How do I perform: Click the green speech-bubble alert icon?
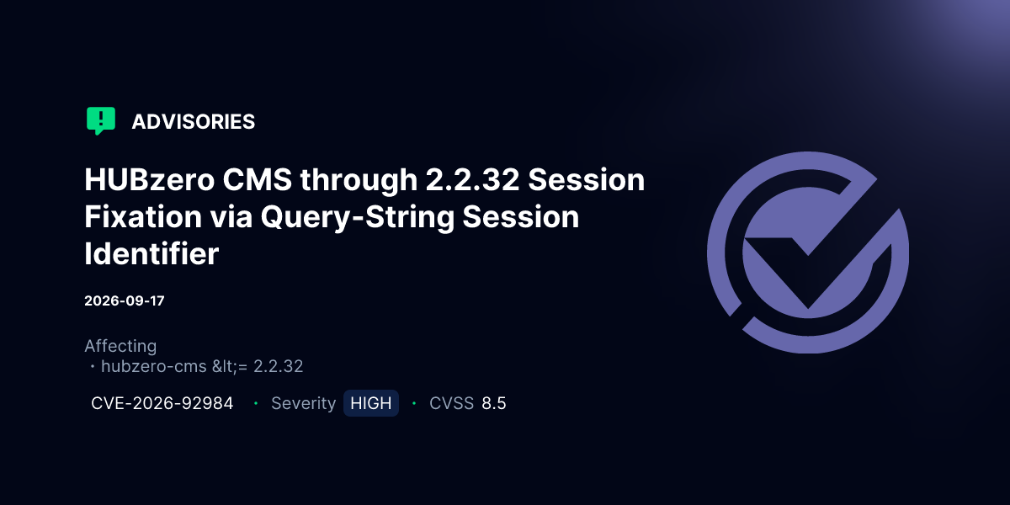(101, 120)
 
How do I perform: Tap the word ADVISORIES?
(194, 122)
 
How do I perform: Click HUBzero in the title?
(149, 179)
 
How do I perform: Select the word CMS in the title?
(257, 179)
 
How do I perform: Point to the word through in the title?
(359, 180)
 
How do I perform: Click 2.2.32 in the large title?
(472, 179)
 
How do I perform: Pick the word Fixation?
(143, 216)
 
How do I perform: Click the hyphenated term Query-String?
(357, 217)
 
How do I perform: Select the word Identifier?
(151, 253)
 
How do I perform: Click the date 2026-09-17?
(125, 300)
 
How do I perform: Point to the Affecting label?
(120, 346)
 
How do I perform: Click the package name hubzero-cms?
(154, 366)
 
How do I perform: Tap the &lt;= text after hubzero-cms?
(230, 366)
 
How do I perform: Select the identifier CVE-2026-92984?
(162, 403)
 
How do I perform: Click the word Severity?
(304, 403)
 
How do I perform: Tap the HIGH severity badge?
(371, 403)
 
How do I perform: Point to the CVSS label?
(451, 403)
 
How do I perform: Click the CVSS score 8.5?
(494, 403)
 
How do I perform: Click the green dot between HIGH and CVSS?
(414, 403)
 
